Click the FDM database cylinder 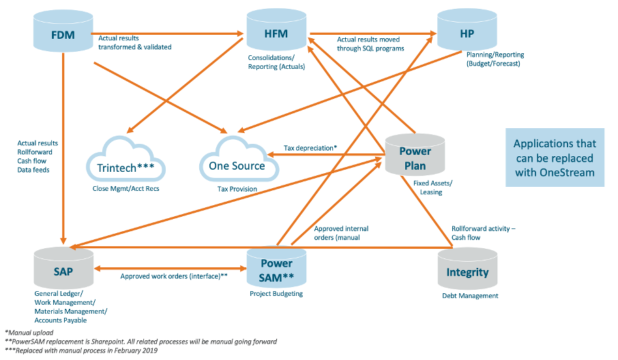63,31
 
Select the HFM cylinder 276,29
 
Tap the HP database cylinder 467,29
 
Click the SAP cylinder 63,268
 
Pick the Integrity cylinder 467,269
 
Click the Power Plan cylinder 415,154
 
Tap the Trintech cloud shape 126,159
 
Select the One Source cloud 239,159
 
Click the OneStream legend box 555,157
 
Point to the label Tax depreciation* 310,148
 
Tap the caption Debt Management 470,296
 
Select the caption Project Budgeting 276,294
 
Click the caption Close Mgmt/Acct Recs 126,189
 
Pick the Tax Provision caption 237,189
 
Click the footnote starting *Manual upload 29,333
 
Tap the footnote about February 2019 80,350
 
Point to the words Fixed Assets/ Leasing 432,187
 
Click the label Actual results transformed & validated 135,42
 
